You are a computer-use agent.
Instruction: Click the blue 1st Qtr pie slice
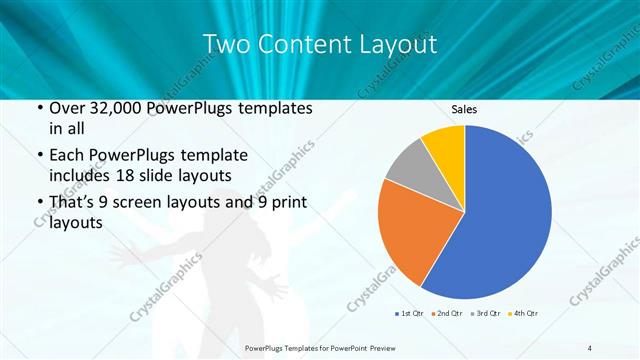coord(505,215)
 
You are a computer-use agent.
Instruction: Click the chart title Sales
coord(464,108)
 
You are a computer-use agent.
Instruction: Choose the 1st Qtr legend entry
coord(408,315)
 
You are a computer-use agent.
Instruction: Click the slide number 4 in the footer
coord(590,347)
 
